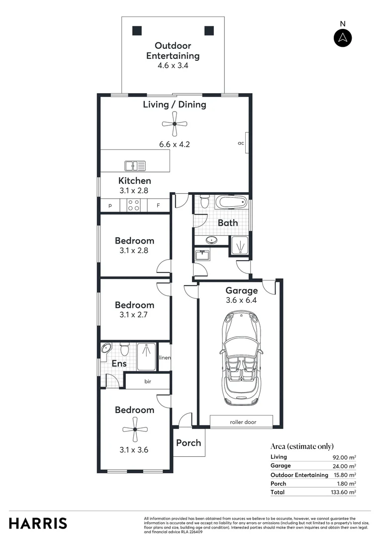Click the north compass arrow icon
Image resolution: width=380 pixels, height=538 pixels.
click(343, 38)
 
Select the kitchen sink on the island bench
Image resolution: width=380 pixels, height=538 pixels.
click(135, 165)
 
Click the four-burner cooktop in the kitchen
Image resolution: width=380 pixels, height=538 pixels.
click(134, 205)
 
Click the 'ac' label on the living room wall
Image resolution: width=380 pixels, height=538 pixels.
click(241, 143)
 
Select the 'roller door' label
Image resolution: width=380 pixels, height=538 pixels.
click(243, 422)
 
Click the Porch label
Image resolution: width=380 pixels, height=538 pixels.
click(189, 442)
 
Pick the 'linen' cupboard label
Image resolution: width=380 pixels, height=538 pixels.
click(165, 358)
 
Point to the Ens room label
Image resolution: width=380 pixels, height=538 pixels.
click(119, 364)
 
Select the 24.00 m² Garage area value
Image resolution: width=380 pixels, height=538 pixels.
click(344, 466)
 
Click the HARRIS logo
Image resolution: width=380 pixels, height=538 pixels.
click(38, 523)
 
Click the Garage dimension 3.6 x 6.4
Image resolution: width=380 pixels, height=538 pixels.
click(241, 300)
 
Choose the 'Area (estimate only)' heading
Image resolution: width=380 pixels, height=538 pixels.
click(302, 446)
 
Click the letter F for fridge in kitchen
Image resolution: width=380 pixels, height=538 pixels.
click(158, 205)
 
